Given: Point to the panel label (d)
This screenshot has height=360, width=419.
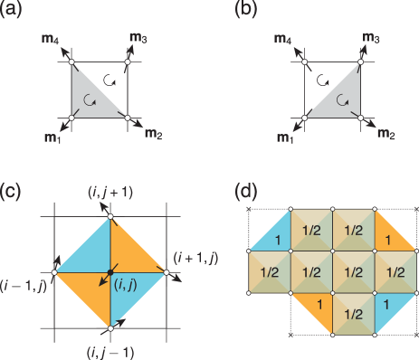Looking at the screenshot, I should click(247, 192).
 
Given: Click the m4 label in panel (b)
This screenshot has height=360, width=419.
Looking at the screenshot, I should click(284, 40).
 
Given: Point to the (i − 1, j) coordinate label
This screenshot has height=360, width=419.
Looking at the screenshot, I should click(24, 284).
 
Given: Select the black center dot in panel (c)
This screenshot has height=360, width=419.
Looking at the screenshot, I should click(110, 270).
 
